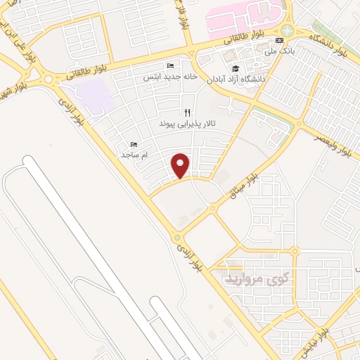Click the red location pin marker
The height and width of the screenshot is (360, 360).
[181, 165]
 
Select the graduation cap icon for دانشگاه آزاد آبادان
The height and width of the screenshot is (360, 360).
[236, 69]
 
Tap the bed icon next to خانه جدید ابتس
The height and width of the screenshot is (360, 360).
[169, 66]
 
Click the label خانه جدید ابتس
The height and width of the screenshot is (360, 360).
[169, 77]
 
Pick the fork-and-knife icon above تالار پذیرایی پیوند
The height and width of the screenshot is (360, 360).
[186, 112]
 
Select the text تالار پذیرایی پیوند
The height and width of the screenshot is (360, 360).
[186, 123]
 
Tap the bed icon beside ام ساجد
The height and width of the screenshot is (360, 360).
[134, 144]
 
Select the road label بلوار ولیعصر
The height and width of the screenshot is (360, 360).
[333, 145]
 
